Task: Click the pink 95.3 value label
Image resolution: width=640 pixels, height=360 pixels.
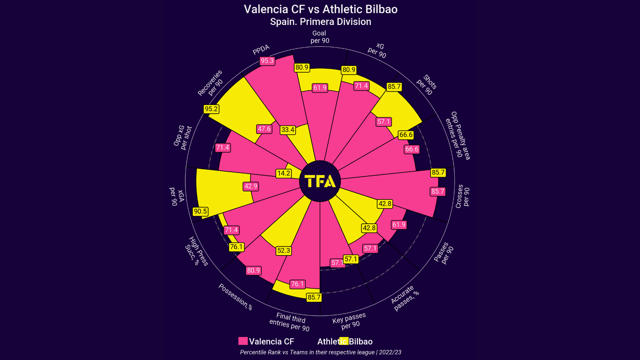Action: [267, 61]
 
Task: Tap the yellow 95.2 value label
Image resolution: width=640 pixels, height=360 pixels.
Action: [211, 109]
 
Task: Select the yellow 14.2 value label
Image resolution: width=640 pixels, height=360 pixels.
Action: [284, 173]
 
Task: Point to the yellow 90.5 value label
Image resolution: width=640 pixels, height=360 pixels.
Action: [200, 211]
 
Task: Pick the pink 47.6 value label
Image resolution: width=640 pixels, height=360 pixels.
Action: [264, 129]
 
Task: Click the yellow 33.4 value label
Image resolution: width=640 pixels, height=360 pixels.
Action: [288, 130]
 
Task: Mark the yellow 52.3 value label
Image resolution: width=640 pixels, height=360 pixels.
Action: [284, 251]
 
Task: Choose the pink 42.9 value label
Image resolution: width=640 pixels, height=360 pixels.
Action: [251, 186]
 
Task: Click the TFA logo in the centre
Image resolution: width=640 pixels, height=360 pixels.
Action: [320, 181]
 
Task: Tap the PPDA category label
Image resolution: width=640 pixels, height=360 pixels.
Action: [261, 50]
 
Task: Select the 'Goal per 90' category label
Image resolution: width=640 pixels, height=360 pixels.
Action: [320, 37]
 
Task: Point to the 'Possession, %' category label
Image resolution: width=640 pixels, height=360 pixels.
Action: [235, 297]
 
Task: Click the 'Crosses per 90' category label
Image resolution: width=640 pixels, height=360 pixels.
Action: [463, 197]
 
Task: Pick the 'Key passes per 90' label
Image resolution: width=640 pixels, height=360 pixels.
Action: [349, 321]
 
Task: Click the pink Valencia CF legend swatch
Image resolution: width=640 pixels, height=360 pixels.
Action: [243, 341]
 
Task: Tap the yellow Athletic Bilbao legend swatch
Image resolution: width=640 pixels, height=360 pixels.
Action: [344, 341]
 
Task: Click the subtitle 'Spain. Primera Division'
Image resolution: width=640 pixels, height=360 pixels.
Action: [321, 22]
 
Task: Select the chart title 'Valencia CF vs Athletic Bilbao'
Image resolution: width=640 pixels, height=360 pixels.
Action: [321, 9]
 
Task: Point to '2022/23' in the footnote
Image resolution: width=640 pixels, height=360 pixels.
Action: [390, 352]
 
